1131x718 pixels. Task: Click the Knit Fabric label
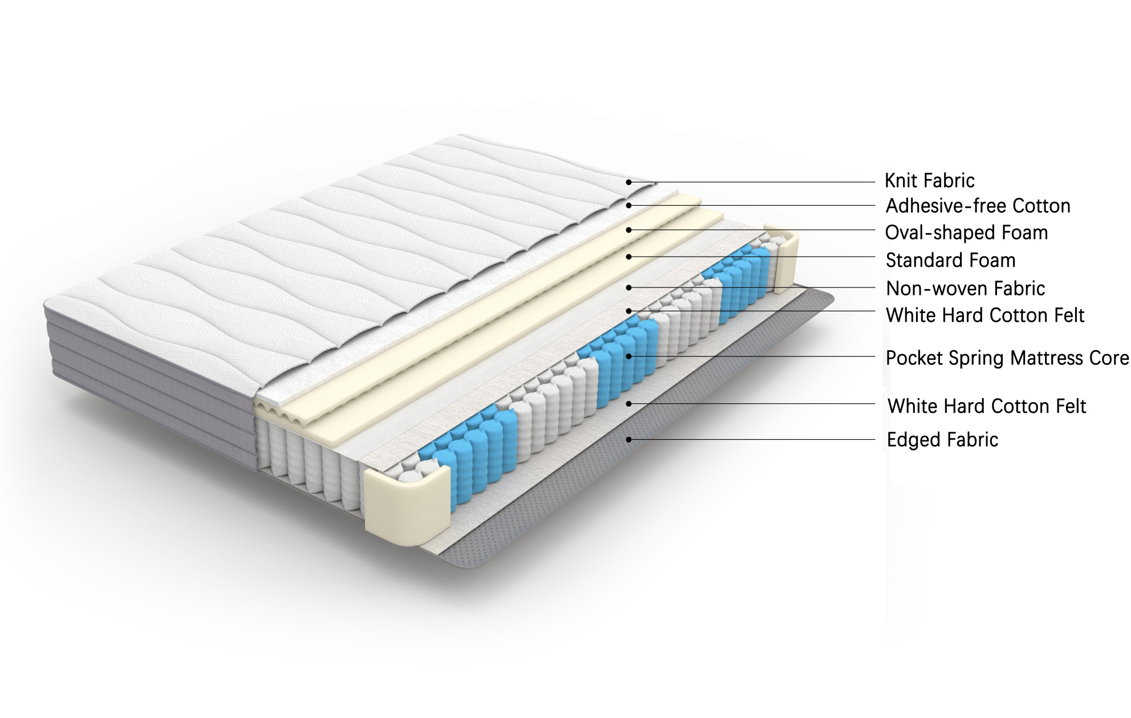tap(929, 181)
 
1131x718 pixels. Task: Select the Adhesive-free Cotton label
tap(978, 206)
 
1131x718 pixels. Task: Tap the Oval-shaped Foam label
tap(966, 233)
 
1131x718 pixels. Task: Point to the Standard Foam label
tap(950, 261)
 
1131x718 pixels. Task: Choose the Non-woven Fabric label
tap(965, 289)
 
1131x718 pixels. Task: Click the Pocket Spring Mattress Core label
tap(1007, 358)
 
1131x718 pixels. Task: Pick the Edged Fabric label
tap(942, 440)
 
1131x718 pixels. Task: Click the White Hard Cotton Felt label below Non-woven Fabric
tap(985, 315)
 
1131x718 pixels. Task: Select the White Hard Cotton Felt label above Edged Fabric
tap(987, 406)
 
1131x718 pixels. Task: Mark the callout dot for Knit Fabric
tap(628, 182)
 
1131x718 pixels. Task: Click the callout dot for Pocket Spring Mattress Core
tap(628, 356)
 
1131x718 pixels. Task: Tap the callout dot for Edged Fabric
tap(628, 440)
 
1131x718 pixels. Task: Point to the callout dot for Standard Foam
tap(628, 257)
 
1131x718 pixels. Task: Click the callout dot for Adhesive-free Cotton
tap(628, 205)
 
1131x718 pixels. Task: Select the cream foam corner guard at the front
tap(406, 505)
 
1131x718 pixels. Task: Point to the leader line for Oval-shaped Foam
tap(752, 230)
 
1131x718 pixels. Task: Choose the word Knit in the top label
tap(901, 181)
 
